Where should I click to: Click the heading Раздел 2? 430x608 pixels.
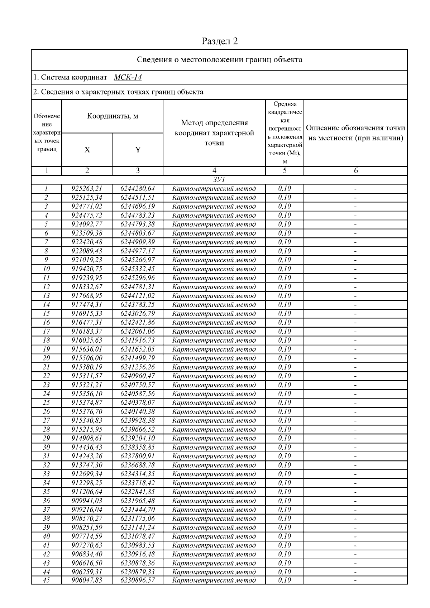click(220, 41)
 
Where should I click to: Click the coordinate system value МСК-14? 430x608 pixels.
click(128, 77)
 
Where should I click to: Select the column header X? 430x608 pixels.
click(87, 150)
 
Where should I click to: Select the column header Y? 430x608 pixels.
click(138, 150)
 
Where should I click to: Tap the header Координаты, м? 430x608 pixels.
click(113, 116)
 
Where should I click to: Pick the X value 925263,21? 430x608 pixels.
click(87, 189)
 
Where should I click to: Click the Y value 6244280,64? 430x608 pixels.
click(138, 189)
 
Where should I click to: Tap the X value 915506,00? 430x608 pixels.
click(87, 358)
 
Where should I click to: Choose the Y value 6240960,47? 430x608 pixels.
click(138, 376)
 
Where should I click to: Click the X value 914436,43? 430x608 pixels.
click(87, 447)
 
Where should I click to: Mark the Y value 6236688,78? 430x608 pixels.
click(138, 465)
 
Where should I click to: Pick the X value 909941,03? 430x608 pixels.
click(87, 501)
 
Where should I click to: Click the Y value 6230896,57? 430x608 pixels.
click(138, 580)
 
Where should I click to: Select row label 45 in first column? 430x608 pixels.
click(46, 580)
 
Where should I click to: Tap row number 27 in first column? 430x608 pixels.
click(46, 420)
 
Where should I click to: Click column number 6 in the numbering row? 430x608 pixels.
click(355, 171)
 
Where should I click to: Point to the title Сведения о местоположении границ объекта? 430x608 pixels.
click(220, 59)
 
